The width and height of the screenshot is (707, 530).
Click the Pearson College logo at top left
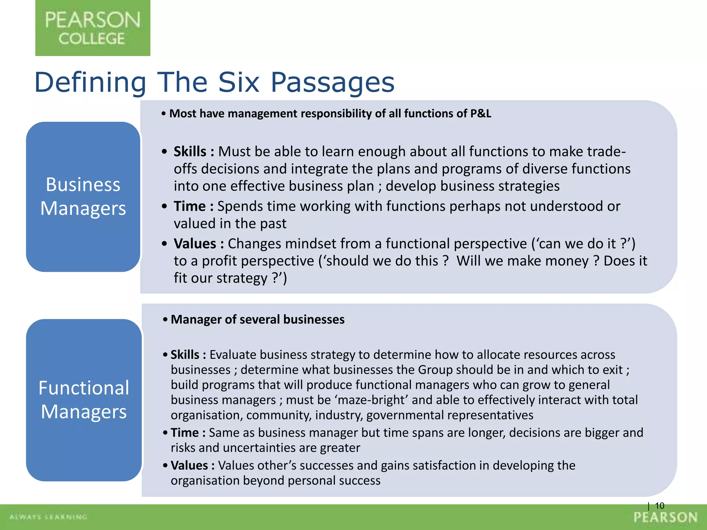(x=93, y=28)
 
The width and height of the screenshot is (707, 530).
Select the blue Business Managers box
(x=83, y=197)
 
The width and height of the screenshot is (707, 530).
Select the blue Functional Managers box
(x=84, y=400)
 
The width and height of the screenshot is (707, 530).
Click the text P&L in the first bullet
(x=481, y=114)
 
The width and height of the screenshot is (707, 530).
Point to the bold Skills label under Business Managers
(x=190, y=152)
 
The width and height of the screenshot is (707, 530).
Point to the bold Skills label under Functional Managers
(x=185, y=355)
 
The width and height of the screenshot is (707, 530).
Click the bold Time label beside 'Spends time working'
(x=190, y=206)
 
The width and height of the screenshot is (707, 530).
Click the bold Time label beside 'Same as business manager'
(x=185, y=433)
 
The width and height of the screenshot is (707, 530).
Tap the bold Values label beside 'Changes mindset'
(x=195, y=244)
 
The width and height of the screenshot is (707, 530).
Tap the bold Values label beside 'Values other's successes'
(x=189, y=465)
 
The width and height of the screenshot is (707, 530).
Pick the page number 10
(x=659, y=506)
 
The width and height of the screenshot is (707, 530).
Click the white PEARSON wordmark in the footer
(x=666, y=517)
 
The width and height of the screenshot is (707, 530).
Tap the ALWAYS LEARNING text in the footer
(x=48, y=517)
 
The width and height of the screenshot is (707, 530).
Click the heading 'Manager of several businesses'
(x=258, y=320)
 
